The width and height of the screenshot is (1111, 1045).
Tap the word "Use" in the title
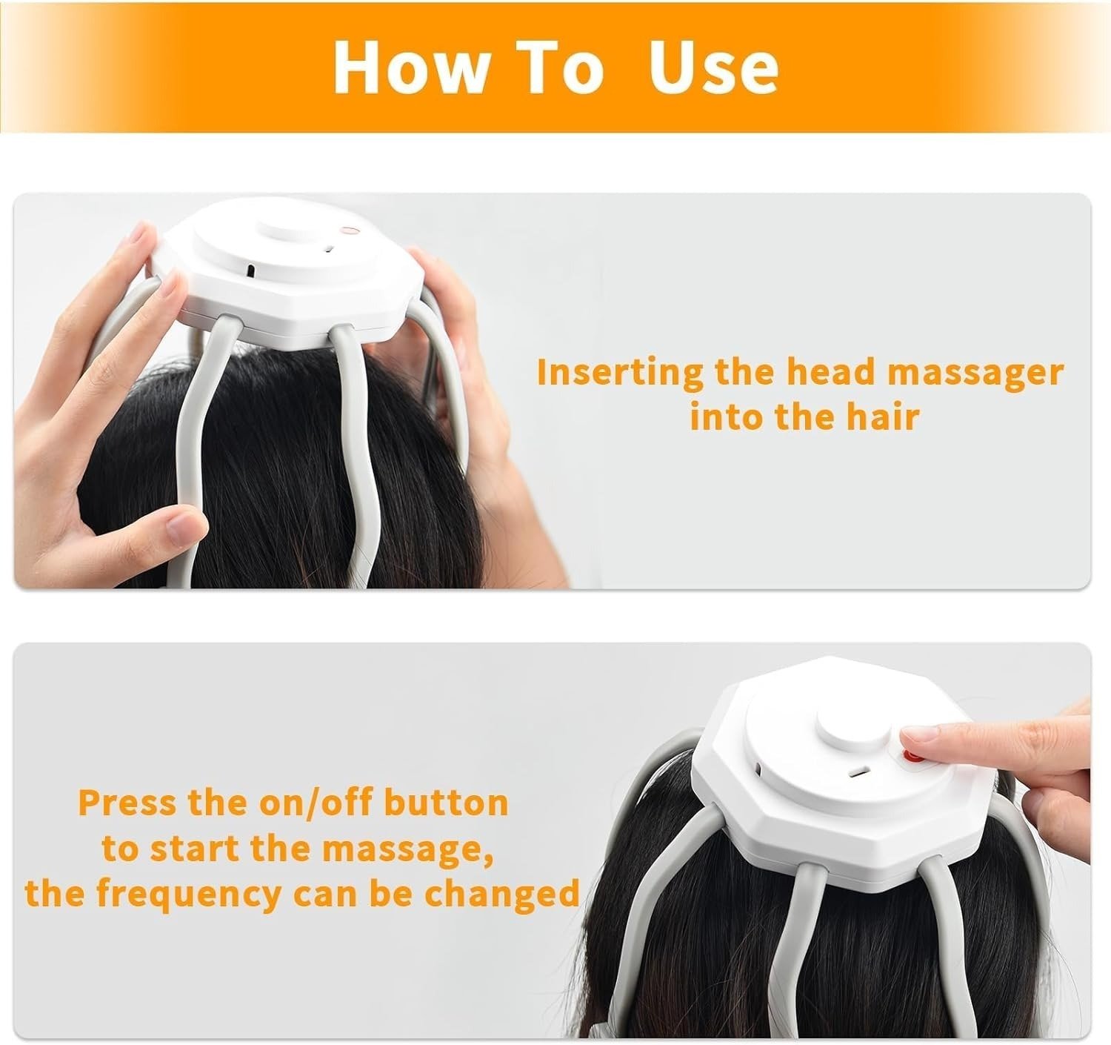(713, 67)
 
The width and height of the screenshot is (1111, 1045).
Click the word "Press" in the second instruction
(127, 803)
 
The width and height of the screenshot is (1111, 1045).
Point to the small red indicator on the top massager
(346, 230)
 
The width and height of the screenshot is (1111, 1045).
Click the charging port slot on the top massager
(251, 270)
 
